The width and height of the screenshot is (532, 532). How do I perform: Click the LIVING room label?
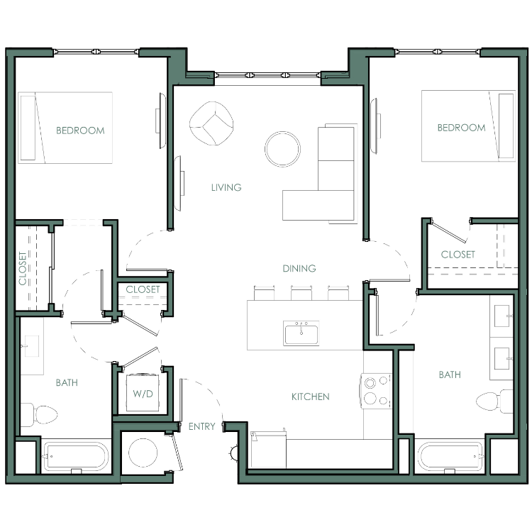(226, 187)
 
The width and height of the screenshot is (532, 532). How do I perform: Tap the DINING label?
(299, 268)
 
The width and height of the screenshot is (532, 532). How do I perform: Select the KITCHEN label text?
(311, 397)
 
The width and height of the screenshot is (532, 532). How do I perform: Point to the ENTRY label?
(202, 426)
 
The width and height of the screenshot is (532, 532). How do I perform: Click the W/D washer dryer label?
(143, 394)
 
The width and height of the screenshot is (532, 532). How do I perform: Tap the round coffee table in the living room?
(282, 149)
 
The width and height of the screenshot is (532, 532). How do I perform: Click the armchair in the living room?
(211, 123)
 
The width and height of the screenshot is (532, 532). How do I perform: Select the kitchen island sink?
(301, 333)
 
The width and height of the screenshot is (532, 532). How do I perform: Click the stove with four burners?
(376, 391)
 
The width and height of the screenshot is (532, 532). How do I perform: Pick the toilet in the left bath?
(39, 415)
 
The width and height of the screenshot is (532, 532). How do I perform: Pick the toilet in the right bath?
(494, 401)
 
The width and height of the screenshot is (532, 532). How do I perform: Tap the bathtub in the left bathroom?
(77, 456)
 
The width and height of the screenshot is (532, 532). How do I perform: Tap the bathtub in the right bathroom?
(450, 456)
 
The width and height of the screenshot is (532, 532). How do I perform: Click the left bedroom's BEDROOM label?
(80, 131)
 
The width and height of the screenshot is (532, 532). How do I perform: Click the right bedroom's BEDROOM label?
(462, 128)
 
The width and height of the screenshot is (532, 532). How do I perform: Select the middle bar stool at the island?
(301, 293)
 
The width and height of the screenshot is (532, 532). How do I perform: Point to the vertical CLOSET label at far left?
(23, 268)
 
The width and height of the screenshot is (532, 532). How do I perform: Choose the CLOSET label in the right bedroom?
(458, 255)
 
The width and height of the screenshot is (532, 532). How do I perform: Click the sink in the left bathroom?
(31, 346)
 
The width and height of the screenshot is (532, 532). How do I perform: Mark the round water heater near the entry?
(143, 453)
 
